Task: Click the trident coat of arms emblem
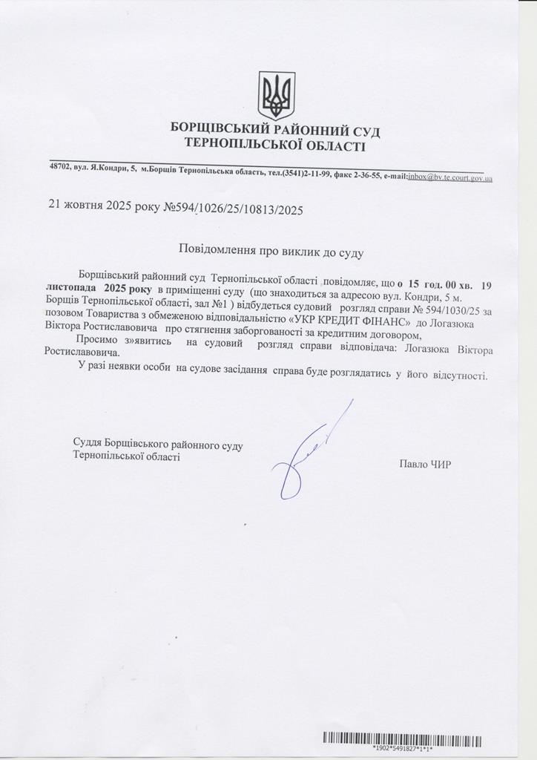(x=276, y=95)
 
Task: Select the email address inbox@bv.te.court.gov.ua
(x=449, y=177)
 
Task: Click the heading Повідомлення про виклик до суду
(x=271, y=252)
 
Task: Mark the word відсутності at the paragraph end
(x=457, y=376)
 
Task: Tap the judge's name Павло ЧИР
(x=424, y=465)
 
